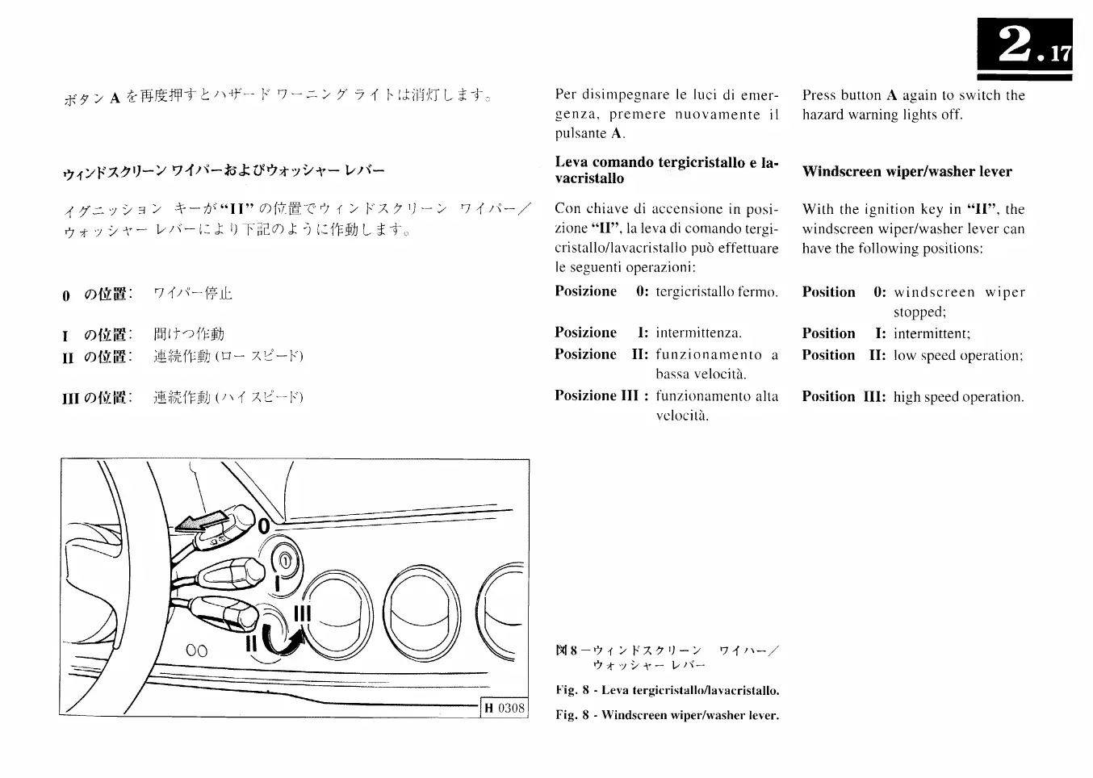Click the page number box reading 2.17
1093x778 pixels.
click(x=1024, y=48)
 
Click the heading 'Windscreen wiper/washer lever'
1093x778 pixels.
click(x=907, y=171)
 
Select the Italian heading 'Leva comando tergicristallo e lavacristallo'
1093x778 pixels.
click(x=666, y=169)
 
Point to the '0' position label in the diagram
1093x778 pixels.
click(x=264, y=525)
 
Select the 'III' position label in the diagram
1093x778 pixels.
click(x=302, y=613)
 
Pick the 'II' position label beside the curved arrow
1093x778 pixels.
click(x=251, y=643)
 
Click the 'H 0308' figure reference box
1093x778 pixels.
click(x=505, y=709)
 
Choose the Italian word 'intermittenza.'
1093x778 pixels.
click(x=698, y=333)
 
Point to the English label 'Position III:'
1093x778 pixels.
click(x=844, y=396)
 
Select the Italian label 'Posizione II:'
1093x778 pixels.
click(x=601, y=354)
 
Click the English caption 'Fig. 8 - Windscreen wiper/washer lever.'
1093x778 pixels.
click(x=667, y=715)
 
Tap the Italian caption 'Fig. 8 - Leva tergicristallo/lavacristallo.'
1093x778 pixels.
click(x=667, y=691)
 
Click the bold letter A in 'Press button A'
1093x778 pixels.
click(x=891, y=95)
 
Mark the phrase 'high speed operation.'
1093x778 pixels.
click(x=958, y=397)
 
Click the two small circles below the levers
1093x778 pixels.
click(x=196, y=650)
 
